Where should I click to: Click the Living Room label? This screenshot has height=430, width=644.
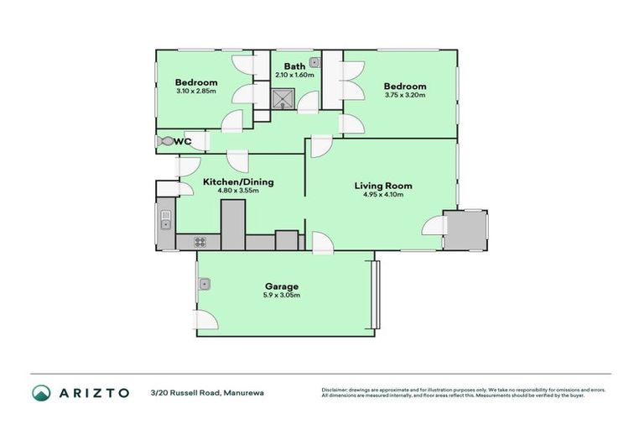coord(382,186)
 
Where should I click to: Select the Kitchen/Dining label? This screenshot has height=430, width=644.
coord(238,181)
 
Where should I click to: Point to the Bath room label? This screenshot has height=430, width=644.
coord(294,66)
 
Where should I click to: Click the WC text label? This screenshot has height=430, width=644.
coord(183,142)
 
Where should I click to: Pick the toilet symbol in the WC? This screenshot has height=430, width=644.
coord(164,143)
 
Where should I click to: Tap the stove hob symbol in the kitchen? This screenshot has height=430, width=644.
coord(201,243)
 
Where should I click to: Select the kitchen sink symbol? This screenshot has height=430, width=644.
coord(165,221)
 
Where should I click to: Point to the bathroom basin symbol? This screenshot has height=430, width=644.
coord(314,62)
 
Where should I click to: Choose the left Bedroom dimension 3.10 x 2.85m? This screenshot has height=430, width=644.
coord(196,92)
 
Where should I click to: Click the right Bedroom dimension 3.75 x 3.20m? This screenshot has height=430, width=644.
coord(405,96)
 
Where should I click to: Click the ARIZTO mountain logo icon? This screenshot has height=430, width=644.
coord(41,392)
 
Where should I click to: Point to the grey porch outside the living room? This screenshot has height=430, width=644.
coord(465,229)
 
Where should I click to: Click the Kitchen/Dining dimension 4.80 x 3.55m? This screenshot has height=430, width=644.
coord(238,191)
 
